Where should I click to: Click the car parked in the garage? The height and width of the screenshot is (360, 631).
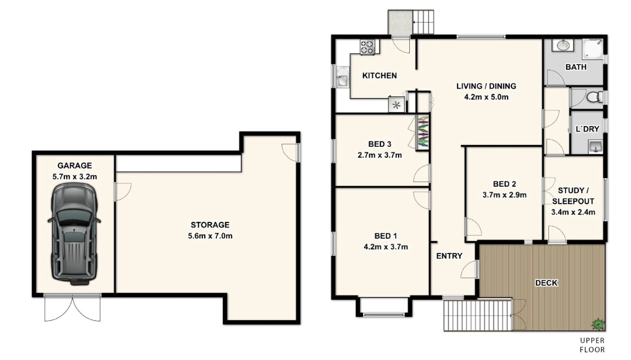point(74,234)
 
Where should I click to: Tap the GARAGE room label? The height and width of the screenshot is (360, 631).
point(75,166)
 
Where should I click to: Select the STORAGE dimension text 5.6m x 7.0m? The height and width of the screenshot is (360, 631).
point(210,236)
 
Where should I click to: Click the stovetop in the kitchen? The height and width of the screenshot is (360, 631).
point(367,47)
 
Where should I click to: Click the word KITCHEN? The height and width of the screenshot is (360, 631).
point(379,76)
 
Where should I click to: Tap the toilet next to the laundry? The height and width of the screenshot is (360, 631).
point(594,98)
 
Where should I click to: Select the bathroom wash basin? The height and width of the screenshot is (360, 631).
point(562,45)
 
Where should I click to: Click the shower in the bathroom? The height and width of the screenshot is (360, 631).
point(593,50)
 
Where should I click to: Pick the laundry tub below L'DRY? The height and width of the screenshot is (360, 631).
point(595,147)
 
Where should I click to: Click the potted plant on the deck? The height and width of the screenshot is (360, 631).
point(598,323)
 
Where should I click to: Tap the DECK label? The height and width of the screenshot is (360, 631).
point(546,283)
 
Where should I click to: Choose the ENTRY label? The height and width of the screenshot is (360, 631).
point(449,256)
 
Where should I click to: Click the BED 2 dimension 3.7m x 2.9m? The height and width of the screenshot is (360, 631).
point(505,195)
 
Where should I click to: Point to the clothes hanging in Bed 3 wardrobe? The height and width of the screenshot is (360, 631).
point(423,132)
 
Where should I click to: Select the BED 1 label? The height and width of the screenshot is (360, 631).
point(386,236)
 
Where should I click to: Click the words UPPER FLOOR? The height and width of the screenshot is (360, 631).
point(593,345)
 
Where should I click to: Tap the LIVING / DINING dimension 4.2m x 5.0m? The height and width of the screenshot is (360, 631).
point(486,97)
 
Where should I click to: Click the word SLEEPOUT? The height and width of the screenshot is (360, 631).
point(573,201)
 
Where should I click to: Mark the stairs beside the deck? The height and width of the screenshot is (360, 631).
point(478,315)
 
